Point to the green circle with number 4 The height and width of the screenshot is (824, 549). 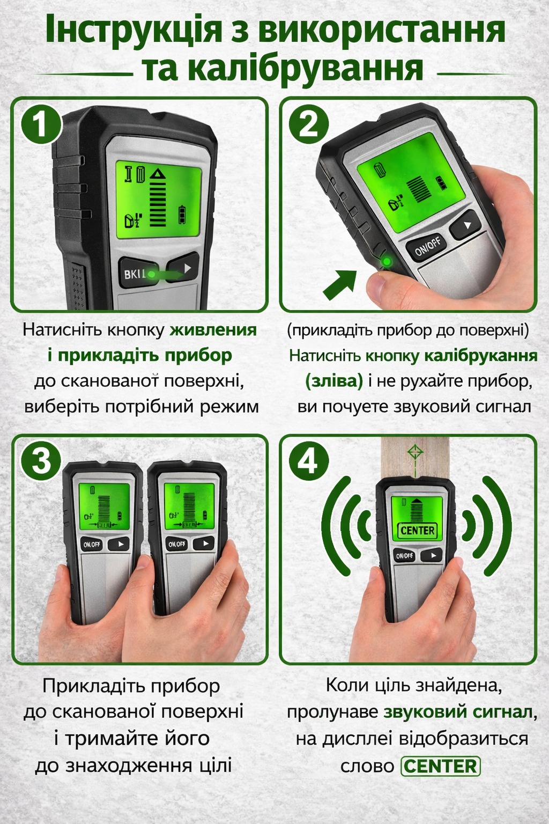[308, 462]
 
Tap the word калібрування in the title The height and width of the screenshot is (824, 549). [283, 70]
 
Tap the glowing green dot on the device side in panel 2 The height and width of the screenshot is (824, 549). [386, 262]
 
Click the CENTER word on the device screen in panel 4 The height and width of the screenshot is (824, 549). [418, 530]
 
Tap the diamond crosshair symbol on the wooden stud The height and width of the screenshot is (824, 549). [415, 452]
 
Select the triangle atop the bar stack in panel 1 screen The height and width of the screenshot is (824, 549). [158, 174]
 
